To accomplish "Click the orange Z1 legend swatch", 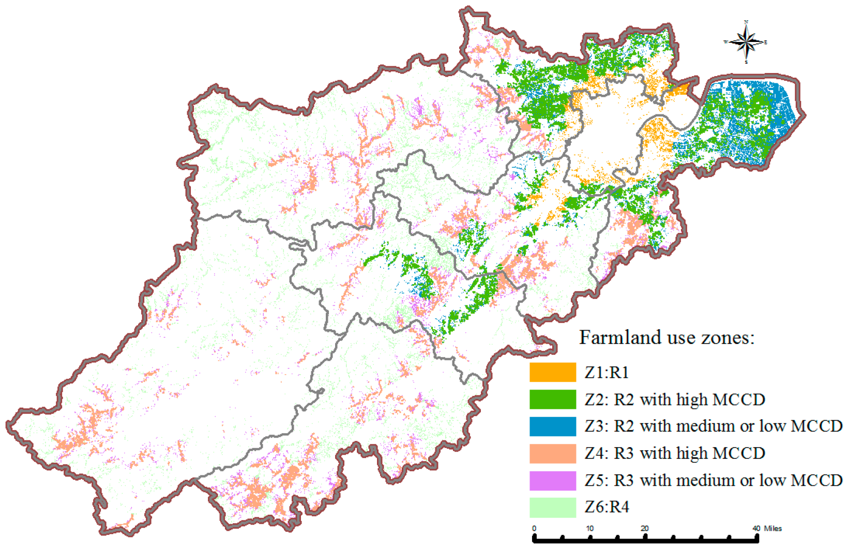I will [552, 372].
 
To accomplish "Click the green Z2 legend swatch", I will [552, 399].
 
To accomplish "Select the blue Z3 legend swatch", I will [552, 426].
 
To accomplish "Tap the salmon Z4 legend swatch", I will [552, 453].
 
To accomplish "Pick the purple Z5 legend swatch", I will [552, 480].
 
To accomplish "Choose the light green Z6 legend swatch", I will [552, 507].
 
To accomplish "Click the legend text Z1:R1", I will [607, 373].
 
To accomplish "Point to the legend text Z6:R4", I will [607, 507].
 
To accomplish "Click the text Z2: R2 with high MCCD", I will [675, 399].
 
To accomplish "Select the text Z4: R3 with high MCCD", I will [675, 453].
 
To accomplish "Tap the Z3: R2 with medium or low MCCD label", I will [714, 426].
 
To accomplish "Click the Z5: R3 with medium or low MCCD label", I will [714, 480].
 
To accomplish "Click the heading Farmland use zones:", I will [667, 338].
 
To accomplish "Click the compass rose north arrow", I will [746, 41].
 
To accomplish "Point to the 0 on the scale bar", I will [534, 528].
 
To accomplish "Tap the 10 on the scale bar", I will [589, 528].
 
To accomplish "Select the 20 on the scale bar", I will [645, 528].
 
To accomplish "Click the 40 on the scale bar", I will [757, 528].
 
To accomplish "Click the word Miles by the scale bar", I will [773, 528].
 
